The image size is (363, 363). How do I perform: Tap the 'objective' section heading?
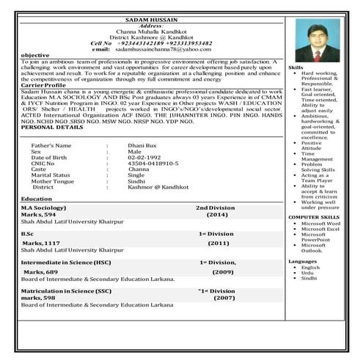click(x=35, y=56)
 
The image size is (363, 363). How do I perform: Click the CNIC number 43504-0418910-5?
click(x=153, y=164)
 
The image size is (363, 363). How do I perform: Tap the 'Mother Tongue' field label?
click(x=53, y=181)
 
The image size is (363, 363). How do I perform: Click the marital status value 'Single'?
click(x=136, y=175)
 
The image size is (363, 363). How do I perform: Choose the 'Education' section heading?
click(x=37, y=199)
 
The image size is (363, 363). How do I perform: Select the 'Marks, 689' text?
click(x=40, y=271)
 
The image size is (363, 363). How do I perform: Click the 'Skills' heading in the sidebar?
click(x=296, y=67)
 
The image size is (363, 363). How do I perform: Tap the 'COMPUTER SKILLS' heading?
click(x=314, y=217)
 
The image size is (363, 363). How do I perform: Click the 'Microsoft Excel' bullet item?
click(x=320, y=229)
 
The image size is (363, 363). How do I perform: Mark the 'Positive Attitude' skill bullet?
click(x=312, y=145)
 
